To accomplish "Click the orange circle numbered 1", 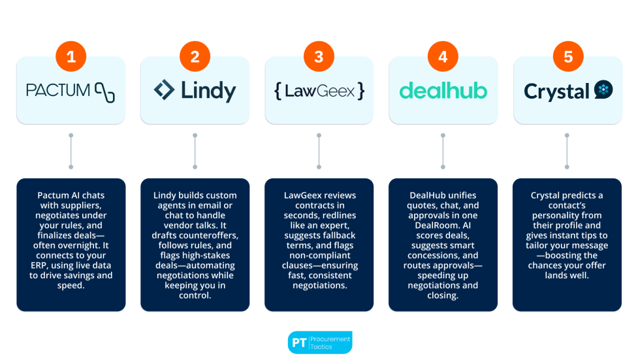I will point(71,57).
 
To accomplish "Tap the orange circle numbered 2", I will point(195,57).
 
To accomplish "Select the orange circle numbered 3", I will point(319,57).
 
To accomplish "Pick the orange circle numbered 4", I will point(443,57).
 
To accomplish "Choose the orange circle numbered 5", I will point(568,57).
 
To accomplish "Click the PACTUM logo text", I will point(57,90).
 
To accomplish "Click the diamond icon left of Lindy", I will point(164,90).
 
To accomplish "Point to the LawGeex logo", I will point(319,91).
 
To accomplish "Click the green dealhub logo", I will point(443,91).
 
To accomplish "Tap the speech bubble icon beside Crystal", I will point(603,90).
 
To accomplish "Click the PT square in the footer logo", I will point(299,342).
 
